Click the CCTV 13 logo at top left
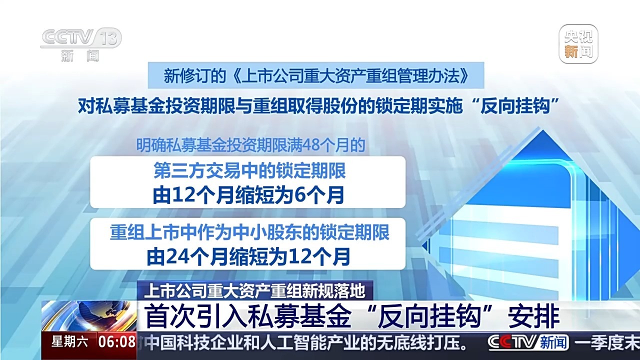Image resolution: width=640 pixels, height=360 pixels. pos(80,43)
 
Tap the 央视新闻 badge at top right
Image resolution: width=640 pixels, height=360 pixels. pos(578,44)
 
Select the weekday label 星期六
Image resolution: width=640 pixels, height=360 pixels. pos(70,342)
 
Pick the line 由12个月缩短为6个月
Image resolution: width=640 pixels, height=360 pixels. pos(248,195)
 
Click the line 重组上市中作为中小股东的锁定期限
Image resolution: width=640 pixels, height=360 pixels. pos(249,232)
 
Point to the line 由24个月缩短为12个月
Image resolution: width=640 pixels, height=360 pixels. pos(248,256)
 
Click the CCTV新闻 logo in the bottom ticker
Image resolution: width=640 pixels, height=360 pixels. pos(527,342)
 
